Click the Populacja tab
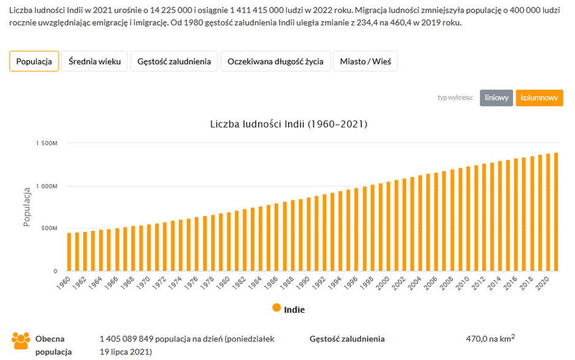[34, 61]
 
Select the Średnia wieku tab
[94, 61]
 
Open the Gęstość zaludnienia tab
[174, 61]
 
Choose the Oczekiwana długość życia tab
[275, 61]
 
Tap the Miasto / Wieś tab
[365, 61]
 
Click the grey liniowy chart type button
[496, 98]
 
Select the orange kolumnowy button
[539, 98]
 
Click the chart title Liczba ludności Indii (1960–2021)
[288, 124]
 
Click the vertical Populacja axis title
[27, 207]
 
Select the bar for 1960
[69, 252]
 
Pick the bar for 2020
[547, 212]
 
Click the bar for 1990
[308, 234]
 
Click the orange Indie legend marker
[277, 308]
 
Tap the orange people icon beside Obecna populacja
[21, 341]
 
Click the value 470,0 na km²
[490, 339]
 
